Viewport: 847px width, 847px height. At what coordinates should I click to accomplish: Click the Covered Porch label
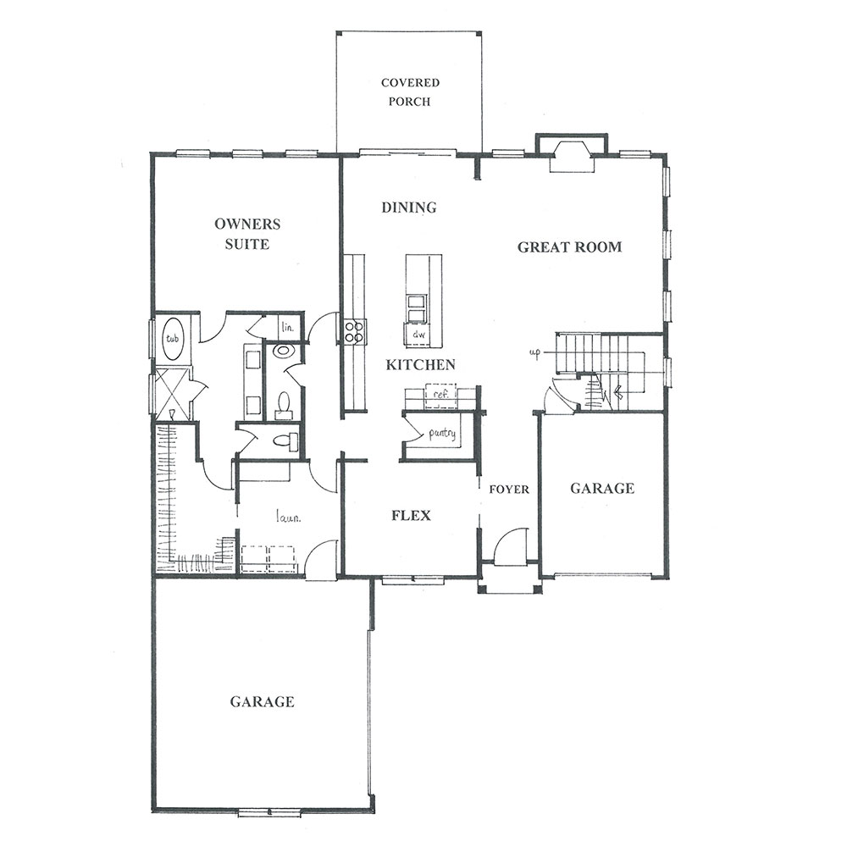coord(410,91)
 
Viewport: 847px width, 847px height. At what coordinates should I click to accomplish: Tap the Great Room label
coord(569,246)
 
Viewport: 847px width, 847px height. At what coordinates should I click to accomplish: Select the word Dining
coord(409,208)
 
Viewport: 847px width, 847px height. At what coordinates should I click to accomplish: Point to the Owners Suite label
coord(247,234)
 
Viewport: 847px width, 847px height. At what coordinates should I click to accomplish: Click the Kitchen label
coord(420,364)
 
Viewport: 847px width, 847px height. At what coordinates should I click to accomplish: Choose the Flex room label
coord(411,515)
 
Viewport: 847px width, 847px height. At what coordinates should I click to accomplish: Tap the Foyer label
coord(509,490)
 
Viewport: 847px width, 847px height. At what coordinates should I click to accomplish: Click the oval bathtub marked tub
coord(173,340)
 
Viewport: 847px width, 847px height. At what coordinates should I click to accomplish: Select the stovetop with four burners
coord(353,332)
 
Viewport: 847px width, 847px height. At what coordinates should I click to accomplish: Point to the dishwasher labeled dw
coord(419,335)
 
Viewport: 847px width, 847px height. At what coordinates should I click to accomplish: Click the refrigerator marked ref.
coord(440,394)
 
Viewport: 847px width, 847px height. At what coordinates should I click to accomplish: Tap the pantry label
coord(442,434)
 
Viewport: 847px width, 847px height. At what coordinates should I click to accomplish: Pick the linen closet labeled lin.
coord(288,327)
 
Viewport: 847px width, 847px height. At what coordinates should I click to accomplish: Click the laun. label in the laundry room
coord(289,518)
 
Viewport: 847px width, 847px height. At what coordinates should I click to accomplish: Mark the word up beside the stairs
coord(534,353)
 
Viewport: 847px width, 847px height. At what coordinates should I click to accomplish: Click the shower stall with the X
coord(173,393)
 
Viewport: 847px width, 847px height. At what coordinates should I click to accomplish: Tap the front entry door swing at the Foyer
coord(511,543)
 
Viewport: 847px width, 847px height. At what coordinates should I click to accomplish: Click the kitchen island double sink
coord(418,308)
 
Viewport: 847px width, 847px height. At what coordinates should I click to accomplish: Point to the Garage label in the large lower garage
coord(262,701)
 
